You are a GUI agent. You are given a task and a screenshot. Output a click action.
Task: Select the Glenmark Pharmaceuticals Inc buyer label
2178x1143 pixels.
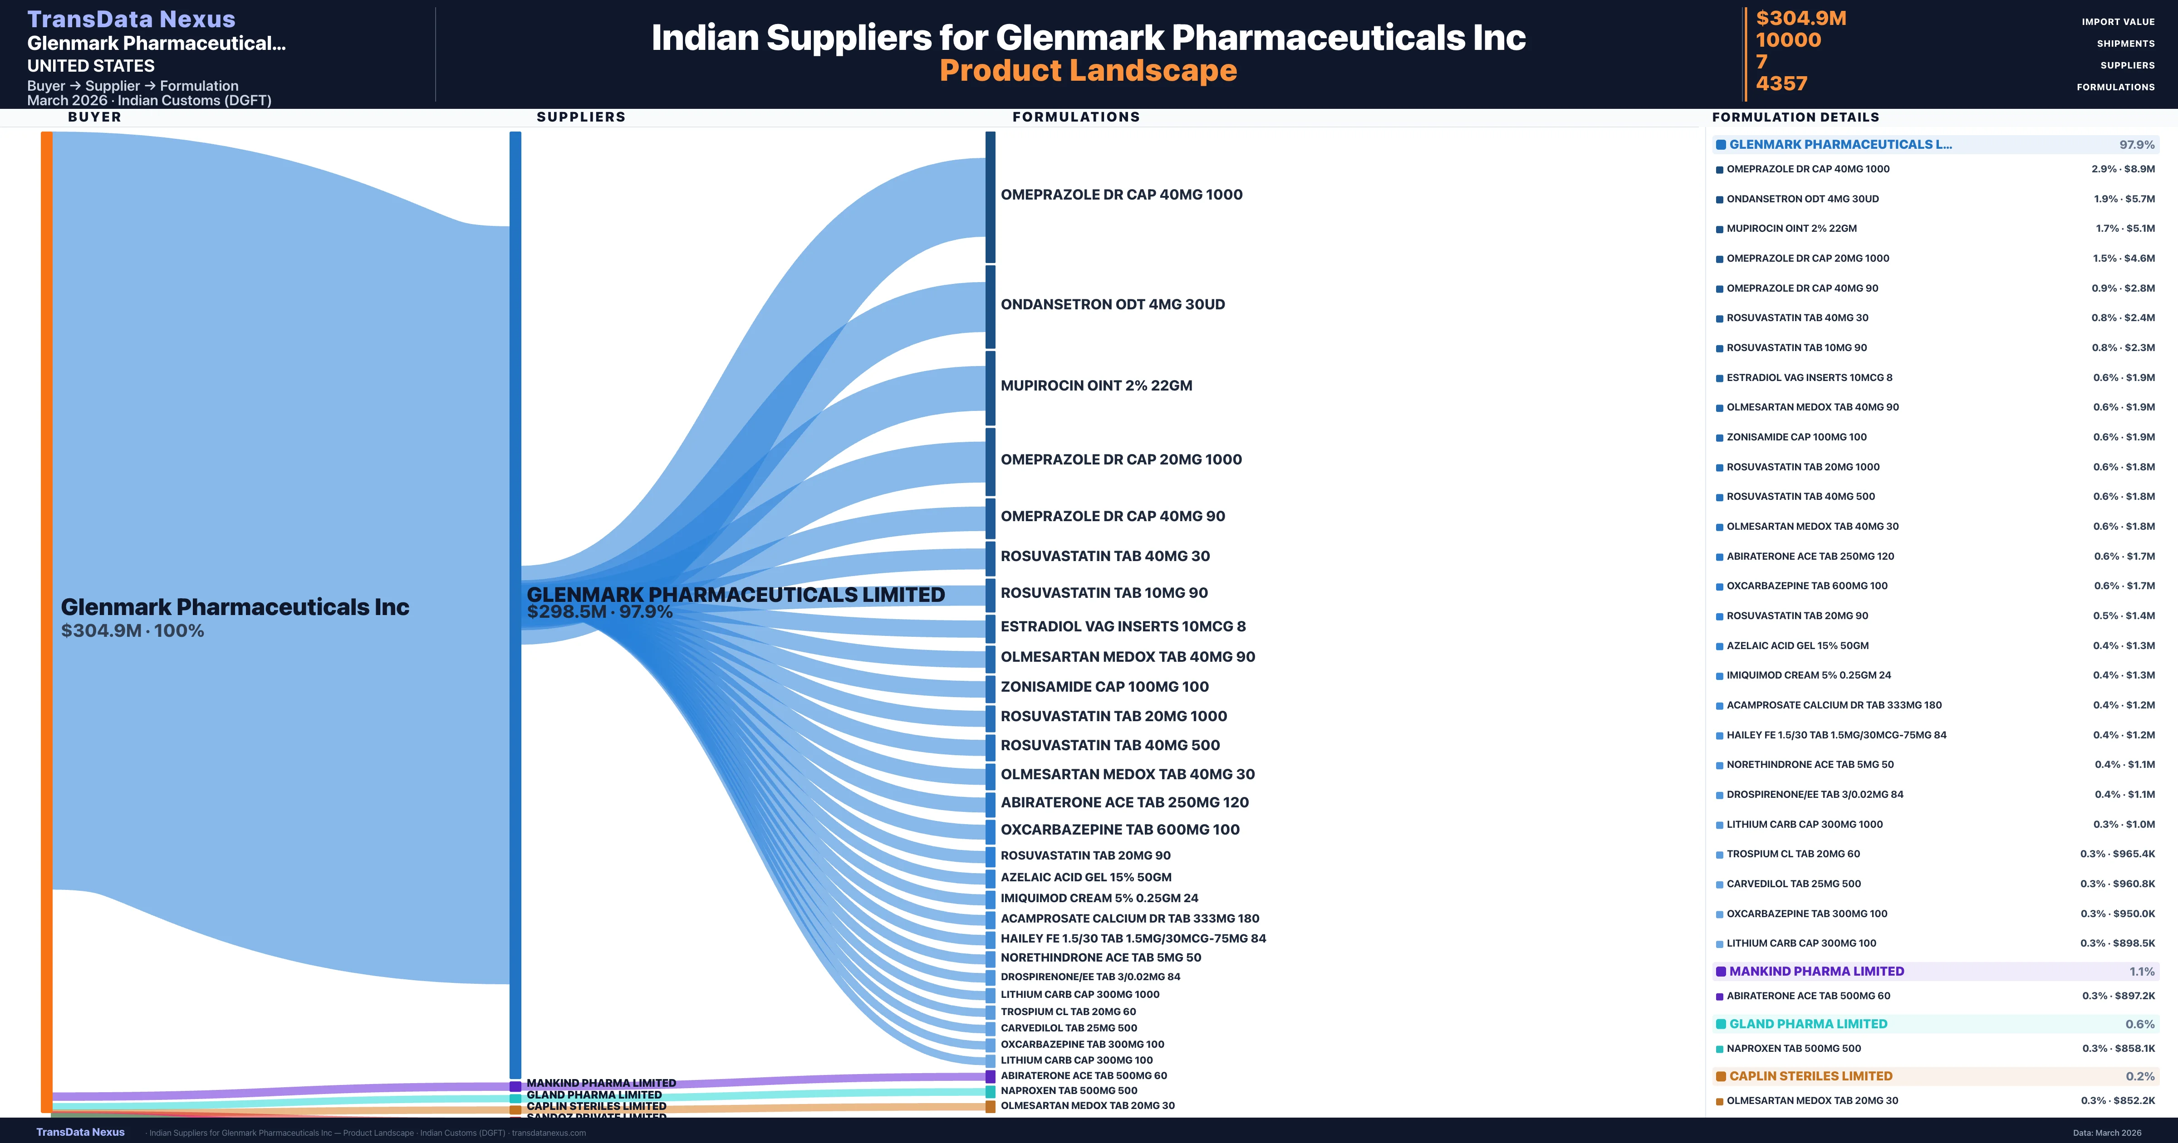click(x=235, y=607)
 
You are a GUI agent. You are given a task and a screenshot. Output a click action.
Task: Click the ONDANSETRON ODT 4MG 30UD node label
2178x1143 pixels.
click(x=1113, y=304)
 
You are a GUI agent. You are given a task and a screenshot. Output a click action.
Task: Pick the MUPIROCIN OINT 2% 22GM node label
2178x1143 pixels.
click(x=1097, y=386)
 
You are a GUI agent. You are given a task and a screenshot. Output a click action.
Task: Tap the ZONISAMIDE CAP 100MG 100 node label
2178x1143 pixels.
click(x=1104, y=686)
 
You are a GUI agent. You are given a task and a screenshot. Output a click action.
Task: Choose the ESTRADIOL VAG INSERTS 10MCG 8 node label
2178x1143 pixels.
click(x=1123, y=626)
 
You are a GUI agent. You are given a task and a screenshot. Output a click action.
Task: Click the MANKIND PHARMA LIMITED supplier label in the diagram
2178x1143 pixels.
click(x=601, y=1083)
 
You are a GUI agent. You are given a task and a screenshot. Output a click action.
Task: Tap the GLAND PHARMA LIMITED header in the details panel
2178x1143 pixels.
click(x=1808, y=1024)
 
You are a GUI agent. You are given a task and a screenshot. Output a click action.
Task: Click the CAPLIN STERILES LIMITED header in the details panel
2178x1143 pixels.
click(x=1810, y=1076)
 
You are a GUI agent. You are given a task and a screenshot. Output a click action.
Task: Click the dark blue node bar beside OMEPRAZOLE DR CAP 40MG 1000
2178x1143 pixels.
click(x=990, y=197)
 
